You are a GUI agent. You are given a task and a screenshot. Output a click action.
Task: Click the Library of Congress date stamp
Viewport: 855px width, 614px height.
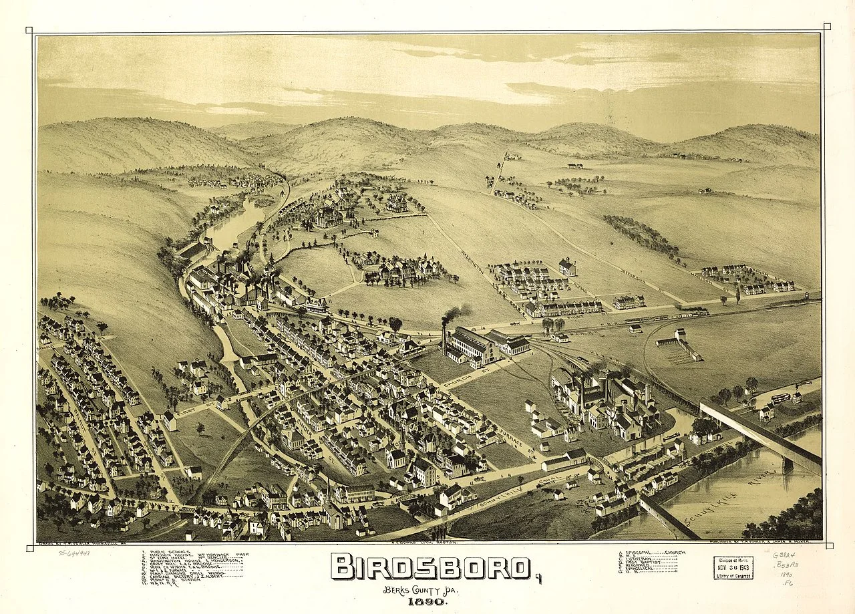[733, 567]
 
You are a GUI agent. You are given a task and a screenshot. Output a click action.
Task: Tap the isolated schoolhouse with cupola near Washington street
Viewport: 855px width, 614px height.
[567, 267]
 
